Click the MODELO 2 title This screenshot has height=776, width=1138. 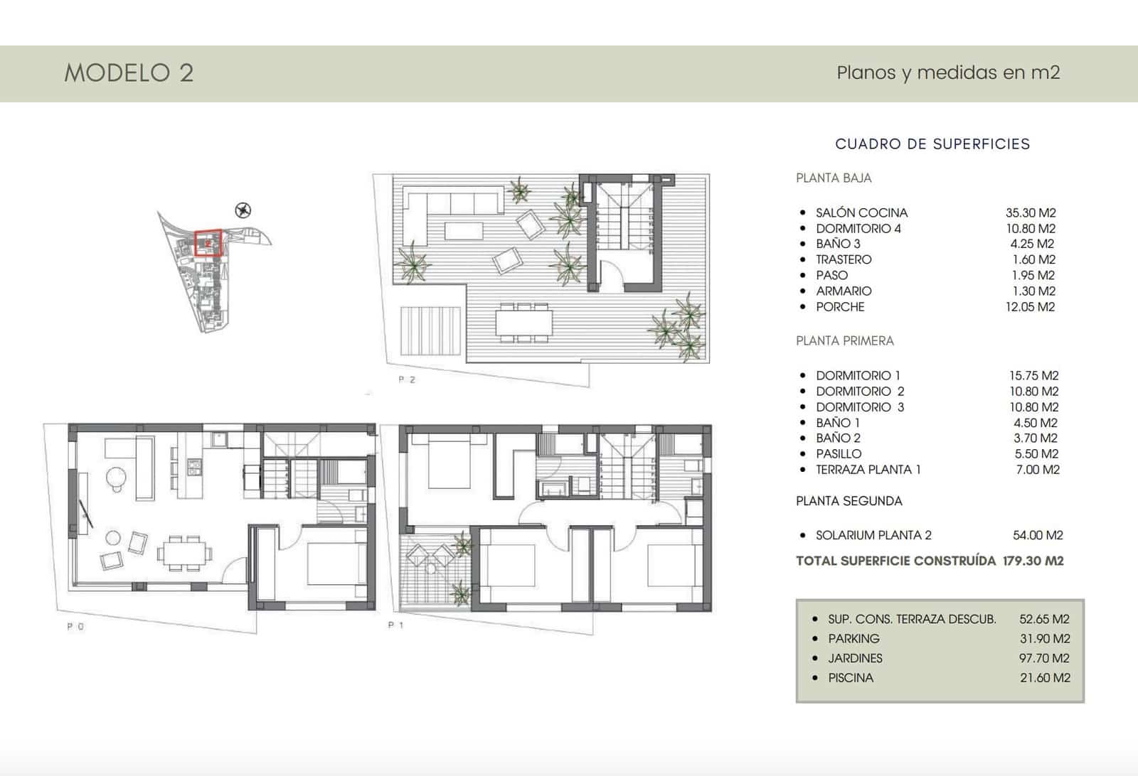(129, 72)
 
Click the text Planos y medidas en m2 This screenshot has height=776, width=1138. (948, 72)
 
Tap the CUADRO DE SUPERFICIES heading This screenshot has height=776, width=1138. (932, 144)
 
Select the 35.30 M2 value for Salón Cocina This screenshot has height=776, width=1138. (1031, 212)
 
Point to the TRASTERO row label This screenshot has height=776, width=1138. (844, 259)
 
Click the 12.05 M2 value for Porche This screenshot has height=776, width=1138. (1030, 307)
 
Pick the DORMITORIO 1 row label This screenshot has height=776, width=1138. (858, 375)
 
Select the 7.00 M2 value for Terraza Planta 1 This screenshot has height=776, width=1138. (1038, 470)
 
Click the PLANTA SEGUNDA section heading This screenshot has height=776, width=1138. (849, 501)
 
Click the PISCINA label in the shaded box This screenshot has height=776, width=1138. (851, 678)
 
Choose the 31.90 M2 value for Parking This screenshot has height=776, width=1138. (1045, 639)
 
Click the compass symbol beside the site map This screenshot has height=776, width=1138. (243, 210)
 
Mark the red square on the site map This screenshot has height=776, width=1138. (208, 243)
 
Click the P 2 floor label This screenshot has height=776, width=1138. (407, 379)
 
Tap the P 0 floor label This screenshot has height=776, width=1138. (75, 627)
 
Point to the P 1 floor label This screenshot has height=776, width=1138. (396, 625)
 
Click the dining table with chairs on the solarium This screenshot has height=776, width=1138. (524, 323)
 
